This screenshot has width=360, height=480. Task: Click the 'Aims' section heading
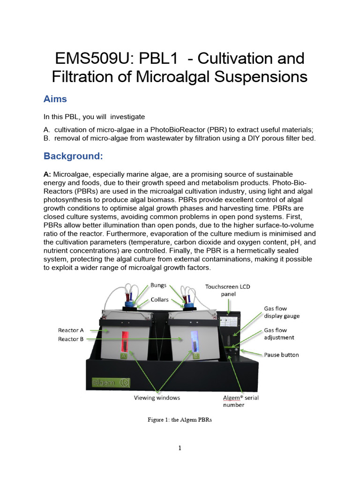[55, 99]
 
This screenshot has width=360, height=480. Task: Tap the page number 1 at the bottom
[180, 448]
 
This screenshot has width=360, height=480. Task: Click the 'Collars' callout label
[160, 300]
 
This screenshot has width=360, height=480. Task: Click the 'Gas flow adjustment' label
[279, 333]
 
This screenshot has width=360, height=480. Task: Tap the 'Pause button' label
[281, 355]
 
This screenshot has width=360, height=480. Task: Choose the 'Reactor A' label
[71, 330]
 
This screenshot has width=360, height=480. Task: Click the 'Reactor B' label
[71, 339]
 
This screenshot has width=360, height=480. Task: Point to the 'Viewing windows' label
[157, 397]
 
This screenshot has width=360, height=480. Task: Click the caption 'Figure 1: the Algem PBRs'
[180, 420]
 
